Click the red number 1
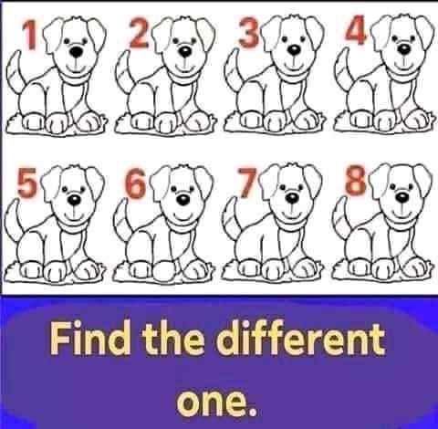click(x=30, y=35)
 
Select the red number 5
click(x=26, y=182)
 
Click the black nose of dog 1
click(x=76, y=52)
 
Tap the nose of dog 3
click(x=294, y=50)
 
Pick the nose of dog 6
click(x=183, y=200)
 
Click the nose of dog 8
click(x=402, y=197)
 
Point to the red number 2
click(x=140, y=33)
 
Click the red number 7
click(x=247, y=182)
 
